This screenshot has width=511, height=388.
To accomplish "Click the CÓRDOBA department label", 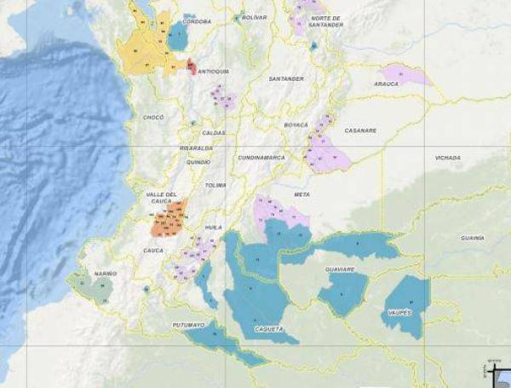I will pyautogui.click(x=198, y=22).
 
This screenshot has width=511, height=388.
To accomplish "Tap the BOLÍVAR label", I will pyautogui.click(x=254, y=17).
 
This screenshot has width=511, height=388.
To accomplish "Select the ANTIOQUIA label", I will pyautogui.click(x=214, y=72).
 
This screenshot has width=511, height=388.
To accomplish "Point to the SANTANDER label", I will pyautogui.click(x=286, y=78).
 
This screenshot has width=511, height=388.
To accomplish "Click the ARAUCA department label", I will pyautogui.click(x=386, y=84).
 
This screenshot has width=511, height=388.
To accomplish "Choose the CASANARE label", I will pyautogui.click(x=360, y=130).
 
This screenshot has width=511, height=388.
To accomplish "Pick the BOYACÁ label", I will pyautogui.click(x=296, y=125).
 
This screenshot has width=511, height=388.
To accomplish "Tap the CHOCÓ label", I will pyautogui.click(x=153, y=117).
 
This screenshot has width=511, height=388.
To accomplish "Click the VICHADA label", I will pyautogui.click(x=447, y=158).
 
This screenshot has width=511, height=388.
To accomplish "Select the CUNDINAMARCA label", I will pyautogui.click(x=261, y=158).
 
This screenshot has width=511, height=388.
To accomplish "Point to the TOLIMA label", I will pyautogui.click(x=215, y=184).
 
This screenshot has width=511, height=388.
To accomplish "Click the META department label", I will pyautogui.click(x=301, y=194).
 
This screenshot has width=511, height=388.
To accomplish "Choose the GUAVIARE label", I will pyautogui.click(x=340, y=269).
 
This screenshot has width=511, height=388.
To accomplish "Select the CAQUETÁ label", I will pyautogui.click(x=267, y=327).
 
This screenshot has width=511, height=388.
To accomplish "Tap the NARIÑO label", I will pyautogui.click(x=105, y=273).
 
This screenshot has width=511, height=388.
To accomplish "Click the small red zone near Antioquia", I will pyautogui.click(x=192, y=65).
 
